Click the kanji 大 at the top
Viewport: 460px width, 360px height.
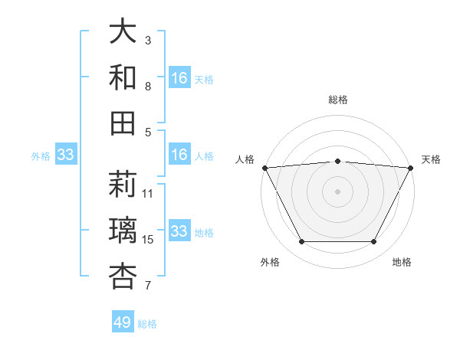click(123, 31)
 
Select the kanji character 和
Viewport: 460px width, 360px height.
click(123, 77)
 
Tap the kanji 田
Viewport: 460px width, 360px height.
click(123, 123)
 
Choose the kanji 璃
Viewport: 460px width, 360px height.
click(123, 230)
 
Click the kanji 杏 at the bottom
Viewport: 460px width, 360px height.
click(123, 276)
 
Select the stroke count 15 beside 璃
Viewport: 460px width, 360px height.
click(149, 240)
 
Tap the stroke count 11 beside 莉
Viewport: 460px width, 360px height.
click(149, 194)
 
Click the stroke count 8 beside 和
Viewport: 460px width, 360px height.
click(148, 87)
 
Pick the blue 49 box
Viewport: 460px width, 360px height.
click(123, 322)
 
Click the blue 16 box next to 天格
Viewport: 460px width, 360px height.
click(179, 78)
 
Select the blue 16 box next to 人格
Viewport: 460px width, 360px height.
click(179, 155)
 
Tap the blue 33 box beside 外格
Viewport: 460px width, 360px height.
click(66, 155)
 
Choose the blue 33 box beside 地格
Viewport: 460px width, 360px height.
click(179, 231)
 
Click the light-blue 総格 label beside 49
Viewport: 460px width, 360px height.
click(147, 324)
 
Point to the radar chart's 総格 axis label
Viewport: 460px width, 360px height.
click(337, 100)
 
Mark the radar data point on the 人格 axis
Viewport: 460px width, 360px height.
click(264, 167)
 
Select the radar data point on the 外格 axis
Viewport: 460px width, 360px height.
click(301, 242)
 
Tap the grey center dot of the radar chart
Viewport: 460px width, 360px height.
click(337, 191)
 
